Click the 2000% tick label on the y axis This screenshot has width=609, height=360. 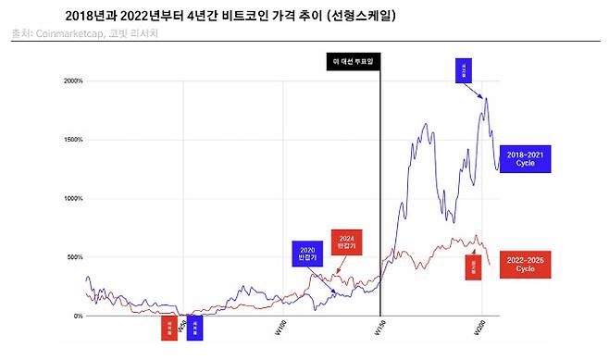(71, 81)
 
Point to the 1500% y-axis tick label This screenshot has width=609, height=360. (71, 140)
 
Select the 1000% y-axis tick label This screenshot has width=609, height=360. (71, 198)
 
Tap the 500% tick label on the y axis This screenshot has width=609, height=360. (73, 256)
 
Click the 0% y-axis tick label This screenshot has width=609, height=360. (77, 316)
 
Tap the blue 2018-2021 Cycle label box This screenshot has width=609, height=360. (525, 159)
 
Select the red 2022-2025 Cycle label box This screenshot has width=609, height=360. (525, 264)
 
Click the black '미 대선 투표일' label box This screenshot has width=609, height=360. (355, 62)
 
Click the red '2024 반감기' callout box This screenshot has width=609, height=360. (347, 242)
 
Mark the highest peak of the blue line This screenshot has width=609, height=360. (486, 97)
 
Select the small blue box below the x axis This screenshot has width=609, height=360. (194, 328)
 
